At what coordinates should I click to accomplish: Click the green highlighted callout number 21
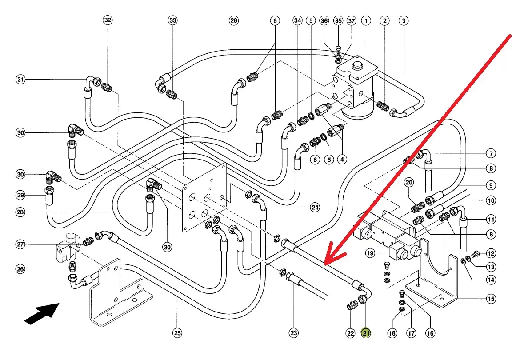click(366, 333)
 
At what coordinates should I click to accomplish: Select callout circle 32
click(108, 20)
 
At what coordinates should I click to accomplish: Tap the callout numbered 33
click(173, 20)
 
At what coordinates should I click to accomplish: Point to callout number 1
click(366, 20)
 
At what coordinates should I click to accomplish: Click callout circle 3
click(404, 20)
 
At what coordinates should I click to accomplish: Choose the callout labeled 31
click(20, 80)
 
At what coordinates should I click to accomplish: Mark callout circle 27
click(20, 244)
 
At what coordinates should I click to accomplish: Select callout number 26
click(20, 269)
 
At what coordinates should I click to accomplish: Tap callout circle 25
click(178, 333)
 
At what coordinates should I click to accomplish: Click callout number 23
click(294, 333)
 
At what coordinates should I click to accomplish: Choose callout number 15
click(491, 299)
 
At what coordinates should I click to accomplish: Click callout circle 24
click(315, 207)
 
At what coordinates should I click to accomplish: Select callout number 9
click(491, 185)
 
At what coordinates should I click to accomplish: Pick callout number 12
click(491, 254)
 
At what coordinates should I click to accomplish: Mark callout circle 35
click(339, 20)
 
